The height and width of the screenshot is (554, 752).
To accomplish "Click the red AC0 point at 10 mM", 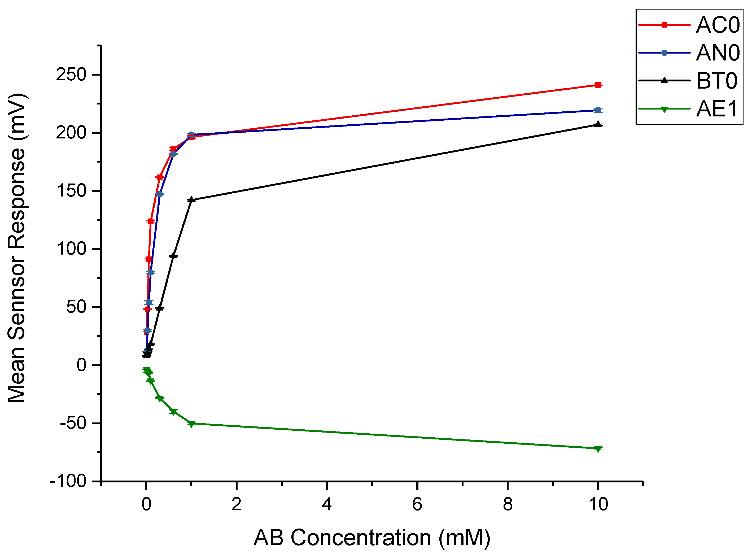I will pos(598,85).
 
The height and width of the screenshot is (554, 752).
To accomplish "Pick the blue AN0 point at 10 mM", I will pos(598,110).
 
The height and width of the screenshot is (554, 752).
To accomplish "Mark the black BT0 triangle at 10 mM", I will pos(598,124).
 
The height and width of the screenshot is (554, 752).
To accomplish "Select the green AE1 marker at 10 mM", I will pos(598,449).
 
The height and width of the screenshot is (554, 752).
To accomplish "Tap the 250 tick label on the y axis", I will pos(71,75).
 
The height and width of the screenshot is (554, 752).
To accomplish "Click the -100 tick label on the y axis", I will pos(68,482).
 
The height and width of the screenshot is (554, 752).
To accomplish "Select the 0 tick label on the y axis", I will pos(81,365).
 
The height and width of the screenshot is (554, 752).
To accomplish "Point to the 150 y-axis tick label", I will pos(71,191).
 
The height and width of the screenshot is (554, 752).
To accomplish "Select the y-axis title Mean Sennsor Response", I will pos(17,248).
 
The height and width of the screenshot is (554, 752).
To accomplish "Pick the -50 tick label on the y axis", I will pos(73,424).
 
